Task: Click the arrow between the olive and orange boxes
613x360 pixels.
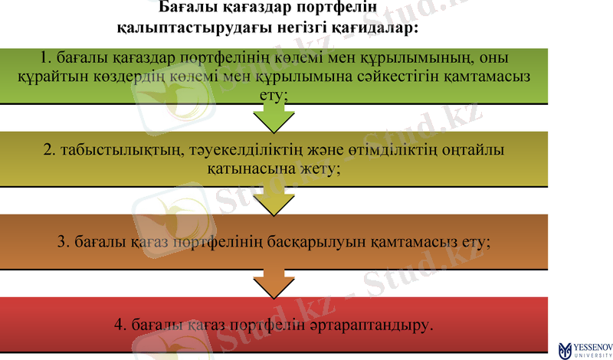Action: coord(274,201)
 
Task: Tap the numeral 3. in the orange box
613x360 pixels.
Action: coord(64,241)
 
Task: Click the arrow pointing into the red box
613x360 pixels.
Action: coord(274,283)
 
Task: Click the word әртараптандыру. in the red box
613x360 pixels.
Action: coord(375,325)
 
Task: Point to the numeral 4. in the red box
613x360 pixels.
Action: coord(120,325)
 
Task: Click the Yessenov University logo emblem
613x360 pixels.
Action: coord(565,349)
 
